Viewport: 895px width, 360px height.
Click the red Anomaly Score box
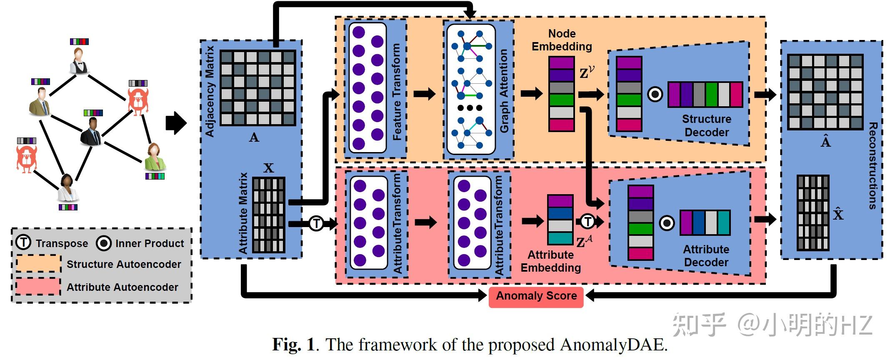click(536, 296)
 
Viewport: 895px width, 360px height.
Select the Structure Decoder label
click(707, 125)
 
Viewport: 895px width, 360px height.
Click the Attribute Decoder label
click(706, 256)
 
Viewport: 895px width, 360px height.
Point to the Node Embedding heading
click(562, 40)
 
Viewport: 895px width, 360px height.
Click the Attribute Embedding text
click(551, 261)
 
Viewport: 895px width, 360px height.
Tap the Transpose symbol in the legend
click(23, 242)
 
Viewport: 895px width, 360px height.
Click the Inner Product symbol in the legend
click(104, 243)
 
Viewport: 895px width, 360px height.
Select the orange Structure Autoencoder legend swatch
click(38, 264)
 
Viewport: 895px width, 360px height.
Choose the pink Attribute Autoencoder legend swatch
click(38, 287)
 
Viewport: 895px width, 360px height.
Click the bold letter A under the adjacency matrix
click(254, 137)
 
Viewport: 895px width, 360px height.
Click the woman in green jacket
click(155, 157)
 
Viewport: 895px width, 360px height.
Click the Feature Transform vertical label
click(397, 92)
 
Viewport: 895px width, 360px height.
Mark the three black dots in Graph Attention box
click(470, 108)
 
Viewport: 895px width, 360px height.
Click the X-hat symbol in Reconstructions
click(838, 214)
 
